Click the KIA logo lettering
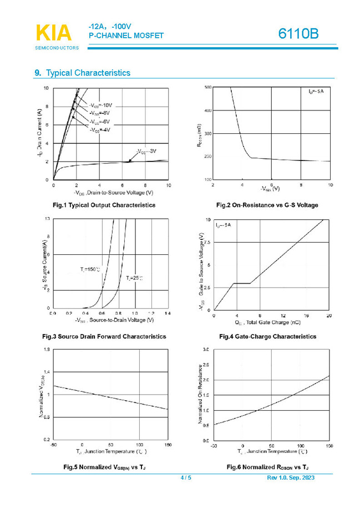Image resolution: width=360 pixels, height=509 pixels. (54, 33)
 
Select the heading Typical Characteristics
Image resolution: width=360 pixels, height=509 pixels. (88, 73)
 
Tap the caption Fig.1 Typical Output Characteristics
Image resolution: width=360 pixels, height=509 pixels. (104, 205)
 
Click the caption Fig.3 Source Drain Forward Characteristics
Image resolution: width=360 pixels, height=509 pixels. (104, 336)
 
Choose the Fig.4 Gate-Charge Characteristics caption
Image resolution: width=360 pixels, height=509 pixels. (267, 336)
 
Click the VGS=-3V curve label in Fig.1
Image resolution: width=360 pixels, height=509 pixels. (147, 151)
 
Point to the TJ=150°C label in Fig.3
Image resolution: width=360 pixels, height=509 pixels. (89, 270)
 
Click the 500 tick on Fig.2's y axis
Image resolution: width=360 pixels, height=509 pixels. (207, 88)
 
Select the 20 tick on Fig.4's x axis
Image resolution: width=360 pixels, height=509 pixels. (329, 315)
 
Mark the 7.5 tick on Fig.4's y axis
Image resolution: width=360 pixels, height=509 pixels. (207, 243)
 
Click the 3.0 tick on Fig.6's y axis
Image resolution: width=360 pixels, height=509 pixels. (206, 350)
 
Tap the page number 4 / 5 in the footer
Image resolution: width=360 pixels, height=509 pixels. (186, 478)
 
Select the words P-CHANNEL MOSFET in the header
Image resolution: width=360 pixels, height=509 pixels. (126, 36)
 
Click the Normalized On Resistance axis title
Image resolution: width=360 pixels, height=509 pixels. (199, 395)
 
